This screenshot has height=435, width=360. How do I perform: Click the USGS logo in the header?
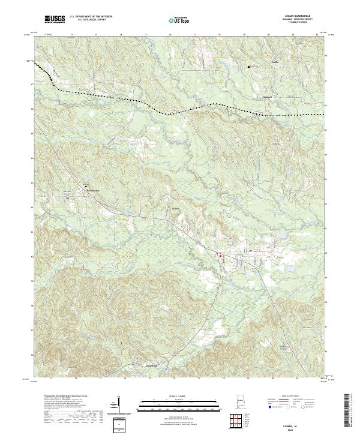[x=55, y=20]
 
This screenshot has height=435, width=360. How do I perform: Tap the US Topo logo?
[x=179, y=20]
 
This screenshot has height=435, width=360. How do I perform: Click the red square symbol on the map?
[x=220, y=256]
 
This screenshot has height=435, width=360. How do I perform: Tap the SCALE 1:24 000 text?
[x=179, y=396]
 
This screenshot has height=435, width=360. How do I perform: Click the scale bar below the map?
[x=179, y=403]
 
